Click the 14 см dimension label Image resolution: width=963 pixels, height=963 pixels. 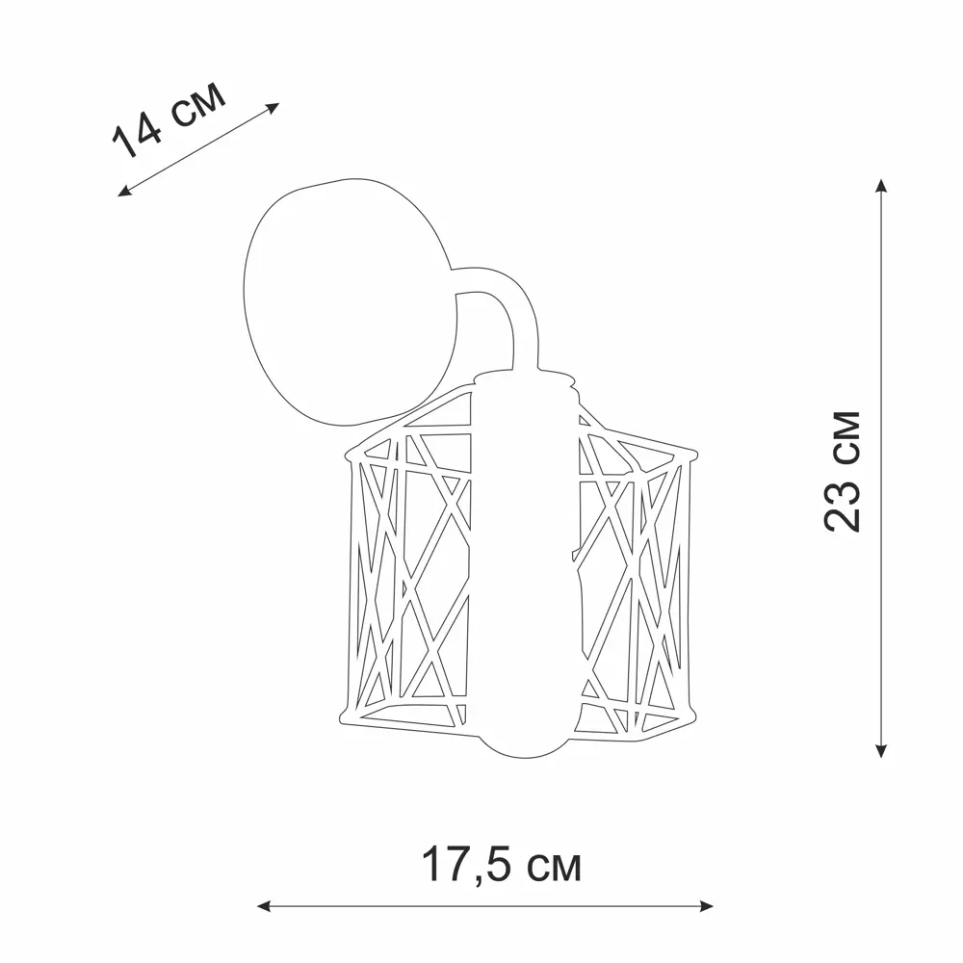[169, 120]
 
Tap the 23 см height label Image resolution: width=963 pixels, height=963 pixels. [842, 472]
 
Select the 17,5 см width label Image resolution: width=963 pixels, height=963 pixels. [501, 866]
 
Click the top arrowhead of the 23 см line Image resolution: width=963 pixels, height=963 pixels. [881, 185]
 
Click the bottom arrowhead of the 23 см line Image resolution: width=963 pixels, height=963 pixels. [881, 750]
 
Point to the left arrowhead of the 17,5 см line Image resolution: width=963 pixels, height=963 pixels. [264, 906]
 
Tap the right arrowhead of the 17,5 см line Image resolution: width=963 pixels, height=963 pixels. [706, 906]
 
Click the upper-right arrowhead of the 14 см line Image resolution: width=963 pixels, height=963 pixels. [273, 107]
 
